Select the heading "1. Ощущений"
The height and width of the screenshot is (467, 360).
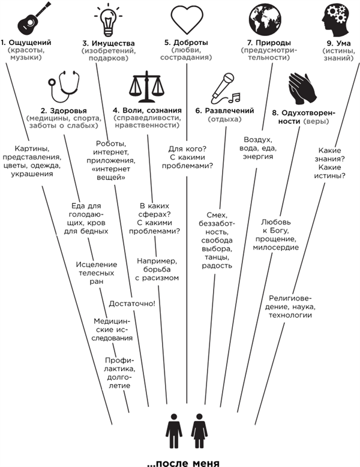click(x=25, y=43)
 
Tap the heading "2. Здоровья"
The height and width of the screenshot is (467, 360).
click(x=63, y=111)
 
